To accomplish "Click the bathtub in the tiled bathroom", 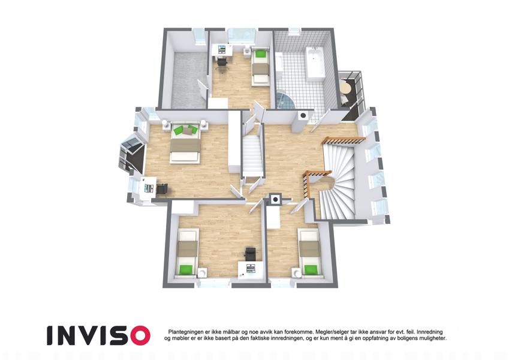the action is pyautogui.click(x=315, y=64).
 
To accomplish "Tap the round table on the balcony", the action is pyautogui.click(x=346, y=88).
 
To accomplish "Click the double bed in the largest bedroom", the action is pyautogui.click(x=185, y=142).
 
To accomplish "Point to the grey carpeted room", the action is pyautogui.click(x=189, y=79).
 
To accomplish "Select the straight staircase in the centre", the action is pyautogui.click(x=252, y=156).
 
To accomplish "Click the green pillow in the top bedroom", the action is pyautogui.click(x=260, y=53).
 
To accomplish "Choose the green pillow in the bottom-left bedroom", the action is pyautogui.click(x=186, y=269).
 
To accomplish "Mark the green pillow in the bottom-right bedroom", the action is pyautogui.click(x=311, y=269).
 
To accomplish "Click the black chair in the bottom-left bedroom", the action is pyautogui.click(x=250, y=253).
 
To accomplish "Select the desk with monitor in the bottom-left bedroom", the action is pyautogui.click(x=250, y=269).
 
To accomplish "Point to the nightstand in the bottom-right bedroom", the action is pyautogui.click(x=296, y=273).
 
